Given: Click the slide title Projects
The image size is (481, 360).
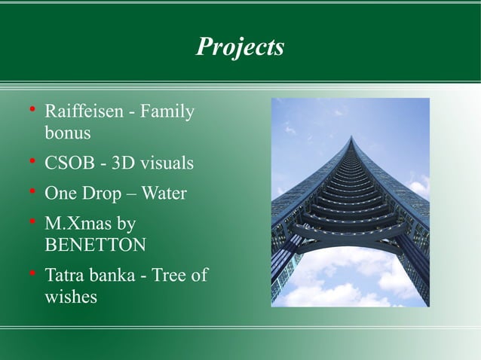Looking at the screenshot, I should tap(240, 47).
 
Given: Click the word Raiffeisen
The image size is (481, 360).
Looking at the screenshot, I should tap(81, 112).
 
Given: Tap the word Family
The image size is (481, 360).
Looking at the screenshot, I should tap(167, 112).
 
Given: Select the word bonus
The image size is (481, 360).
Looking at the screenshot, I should tap(68, 133).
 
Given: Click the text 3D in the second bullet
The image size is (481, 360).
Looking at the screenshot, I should tap(118, 163).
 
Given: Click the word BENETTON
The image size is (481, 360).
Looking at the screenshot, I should tap(96, 245).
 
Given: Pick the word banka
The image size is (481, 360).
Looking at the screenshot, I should tap(114, 276).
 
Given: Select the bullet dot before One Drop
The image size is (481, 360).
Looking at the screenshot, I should tap(32, 192).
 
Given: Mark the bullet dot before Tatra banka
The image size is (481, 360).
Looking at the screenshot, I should tap(32, 274).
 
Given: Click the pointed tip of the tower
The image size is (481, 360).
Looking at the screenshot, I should tap(351, 137).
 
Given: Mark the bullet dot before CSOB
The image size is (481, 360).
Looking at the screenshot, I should tap(32, 162).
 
